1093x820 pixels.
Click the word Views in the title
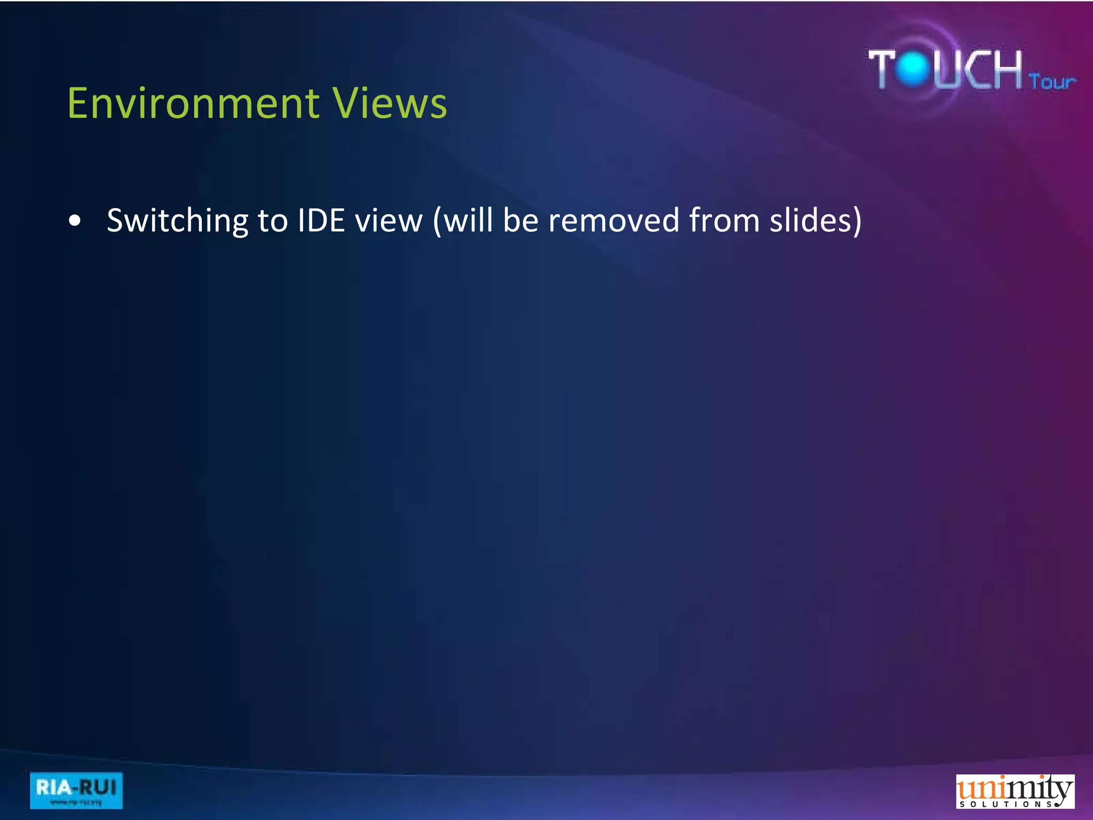click(x=390, y=103)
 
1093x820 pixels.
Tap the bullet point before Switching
click(x=75, y=220)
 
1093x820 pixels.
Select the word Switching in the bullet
click(x=177, y=221)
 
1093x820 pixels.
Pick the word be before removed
click(x=520, y=220)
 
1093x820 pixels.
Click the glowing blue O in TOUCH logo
click(x=914, y=68)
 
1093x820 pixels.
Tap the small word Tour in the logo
click(x=1052, y=82)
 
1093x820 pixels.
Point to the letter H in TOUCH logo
click(x=1004, y=68)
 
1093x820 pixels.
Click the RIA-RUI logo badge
click(x=76, y=790)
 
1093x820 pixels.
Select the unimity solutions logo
click(x=1015, y=792)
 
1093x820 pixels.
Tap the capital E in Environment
click(x=78, y=103)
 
